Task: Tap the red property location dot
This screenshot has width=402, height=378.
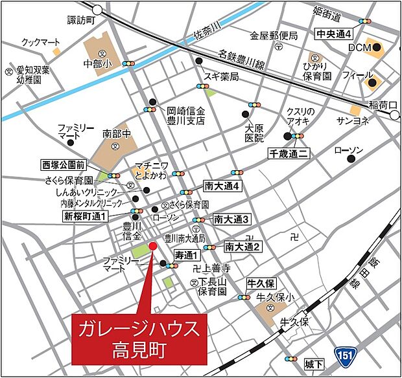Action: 153,246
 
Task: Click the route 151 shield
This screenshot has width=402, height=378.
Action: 345,354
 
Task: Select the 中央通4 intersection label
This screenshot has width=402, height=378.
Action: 334,33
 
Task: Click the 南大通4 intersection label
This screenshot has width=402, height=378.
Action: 222,186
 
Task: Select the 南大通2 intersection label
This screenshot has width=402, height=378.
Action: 242,247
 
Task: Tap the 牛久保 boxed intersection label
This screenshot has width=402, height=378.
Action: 262,283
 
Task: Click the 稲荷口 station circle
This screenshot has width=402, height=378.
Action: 396,115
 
